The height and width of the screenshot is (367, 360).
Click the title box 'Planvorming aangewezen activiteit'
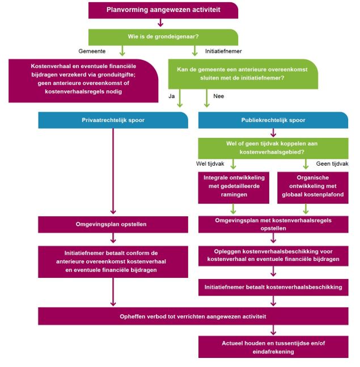(x=163, y=10)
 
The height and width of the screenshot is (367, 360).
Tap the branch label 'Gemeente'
(x=91, y=51)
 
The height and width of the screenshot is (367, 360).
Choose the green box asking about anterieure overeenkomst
(x=243, y=74)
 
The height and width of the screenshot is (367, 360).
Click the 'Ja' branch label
(x=172, y=96)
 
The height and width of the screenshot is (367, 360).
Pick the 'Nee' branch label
(x=218, y=96)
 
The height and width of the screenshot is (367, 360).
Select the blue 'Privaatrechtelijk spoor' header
(x=113, y=120)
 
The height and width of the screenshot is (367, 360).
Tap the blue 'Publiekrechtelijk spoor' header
(x=273, y=120)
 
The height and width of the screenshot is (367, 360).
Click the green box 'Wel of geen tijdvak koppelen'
(x=273, y=149)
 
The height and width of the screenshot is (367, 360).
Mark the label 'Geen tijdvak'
(x=331, y=163)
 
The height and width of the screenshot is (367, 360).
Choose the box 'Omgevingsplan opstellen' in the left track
(x=113, y=224)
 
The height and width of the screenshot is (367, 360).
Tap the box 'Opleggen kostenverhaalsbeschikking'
(x=273, y=254)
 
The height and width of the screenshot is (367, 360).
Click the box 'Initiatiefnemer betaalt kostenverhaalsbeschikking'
(x=273, y=287)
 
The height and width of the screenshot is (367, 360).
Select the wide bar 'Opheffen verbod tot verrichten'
(x=193, y=316)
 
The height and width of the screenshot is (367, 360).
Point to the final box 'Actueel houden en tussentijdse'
(x=273, y=347)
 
